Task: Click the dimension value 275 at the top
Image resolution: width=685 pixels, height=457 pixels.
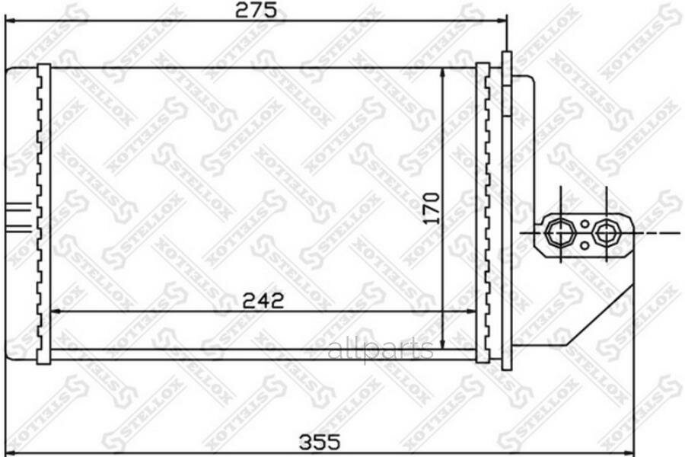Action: point(255,10)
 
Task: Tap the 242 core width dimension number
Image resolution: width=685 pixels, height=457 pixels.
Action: point(263,300)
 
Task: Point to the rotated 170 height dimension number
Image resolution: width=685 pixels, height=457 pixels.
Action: point(431,208)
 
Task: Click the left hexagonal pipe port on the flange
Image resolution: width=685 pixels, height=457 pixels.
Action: point(562,232)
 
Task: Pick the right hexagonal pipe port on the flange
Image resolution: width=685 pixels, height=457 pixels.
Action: point(607,232)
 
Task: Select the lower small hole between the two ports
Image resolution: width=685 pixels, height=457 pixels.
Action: point(584,244)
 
